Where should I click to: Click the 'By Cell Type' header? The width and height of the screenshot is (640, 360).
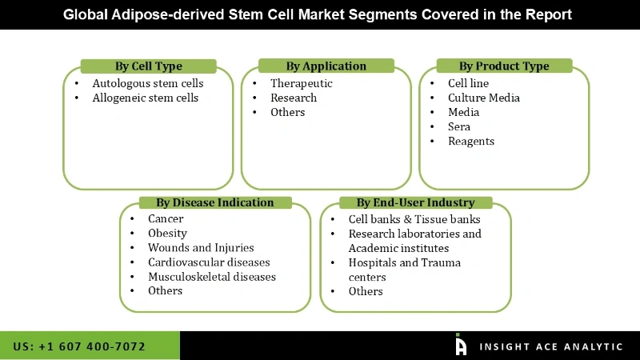(x=148, y=66)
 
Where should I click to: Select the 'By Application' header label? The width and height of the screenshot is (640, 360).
(x=326, y=66)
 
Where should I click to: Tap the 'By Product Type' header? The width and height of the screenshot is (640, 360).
(x=504, y=66)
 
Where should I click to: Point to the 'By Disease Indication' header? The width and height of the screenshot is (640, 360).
(x=214, y=202)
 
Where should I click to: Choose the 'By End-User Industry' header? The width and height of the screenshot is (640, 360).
(x=415, y=202)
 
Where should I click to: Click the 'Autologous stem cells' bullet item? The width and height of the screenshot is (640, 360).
(x=147, y=83)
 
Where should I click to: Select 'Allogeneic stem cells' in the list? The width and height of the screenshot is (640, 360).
(x=145, y=98)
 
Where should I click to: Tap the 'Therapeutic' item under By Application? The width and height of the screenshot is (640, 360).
(x=301, y=83)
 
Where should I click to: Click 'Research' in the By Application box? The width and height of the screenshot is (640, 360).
(x=293, y=98)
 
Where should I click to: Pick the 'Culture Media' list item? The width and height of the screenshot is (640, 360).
(x=483, y=98)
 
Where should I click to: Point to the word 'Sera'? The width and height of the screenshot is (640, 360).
(x=459, y=126)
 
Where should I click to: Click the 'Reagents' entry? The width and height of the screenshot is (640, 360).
(x=471, y=141)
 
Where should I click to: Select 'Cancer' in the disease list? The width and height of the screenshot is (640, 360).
(x=166, y=218)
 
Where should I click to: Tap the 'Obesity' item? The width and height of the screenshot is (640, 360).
(x=167, y=233)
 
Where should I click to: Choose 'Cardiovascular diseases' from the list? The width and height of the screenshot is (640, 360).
(x=209, y=262)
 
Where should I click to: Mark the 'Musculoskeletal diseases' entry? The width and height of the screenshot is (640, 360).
(x=211, y=276)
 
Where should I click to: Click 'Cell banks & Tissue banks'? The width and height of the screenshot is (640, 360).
(x=414, y=219)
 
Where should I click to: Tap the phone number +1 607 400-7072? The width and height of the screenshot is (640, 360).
(x=79, y=346)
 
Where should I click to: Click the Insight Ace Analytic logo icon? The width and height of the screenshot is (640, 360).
(x=461, y=345)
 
